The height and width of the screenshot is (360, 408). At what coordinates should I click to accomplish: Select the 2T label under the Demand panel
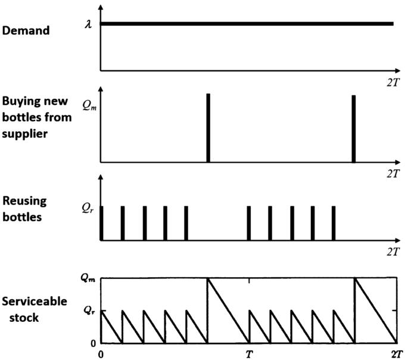coord(392,79)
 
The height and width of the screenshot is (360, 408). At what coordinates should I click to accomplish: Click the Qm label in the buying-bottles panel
coord(88,105)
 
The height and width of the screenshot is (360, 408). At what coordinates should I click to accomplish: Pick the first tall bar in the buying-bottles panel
coord(208,128)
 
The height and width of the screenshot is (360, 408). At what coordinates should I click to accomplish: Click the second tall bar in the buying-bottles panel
coord(354,128)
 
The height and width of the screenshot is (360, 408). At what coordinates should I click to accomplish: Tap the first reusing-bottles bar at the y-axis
coord(101,224)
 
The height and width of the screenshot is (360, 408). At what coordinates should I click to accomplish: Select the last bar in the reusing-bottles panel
coord(334,224)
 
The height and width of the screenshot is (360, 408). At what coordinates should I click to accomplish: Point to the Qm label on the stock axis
coord(88,277)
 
